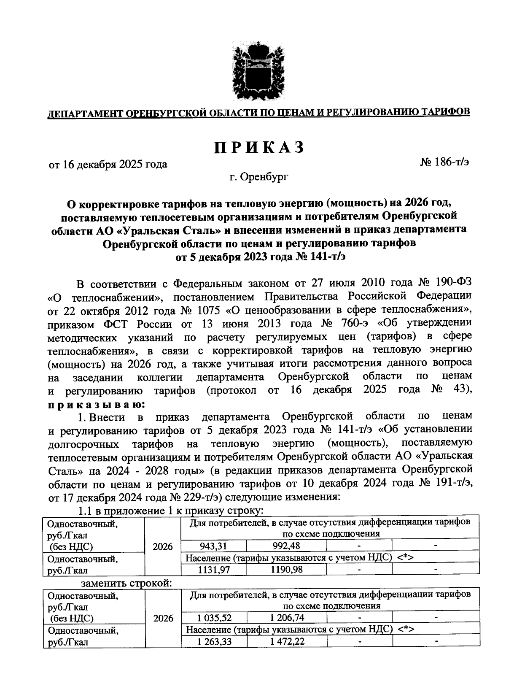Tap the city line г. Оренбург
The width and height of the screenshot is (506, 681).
click(x=259, y=178)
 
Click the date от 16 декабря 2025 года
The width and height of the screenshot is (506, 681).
click(x=108, y=164)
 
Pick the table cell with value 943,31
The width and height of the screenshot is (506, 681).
click(x=213, y=546)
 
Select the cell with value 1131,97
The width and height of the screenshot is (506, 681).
click(x=213, y=569)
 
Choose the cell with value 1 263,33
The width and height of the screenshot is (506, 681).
click(x=214, y=642)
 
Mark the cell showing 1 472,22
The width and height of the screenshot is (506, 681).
click(x=287, y=642)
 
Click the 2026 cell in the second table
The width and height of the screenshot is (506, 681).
click(x=163, y=619)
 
